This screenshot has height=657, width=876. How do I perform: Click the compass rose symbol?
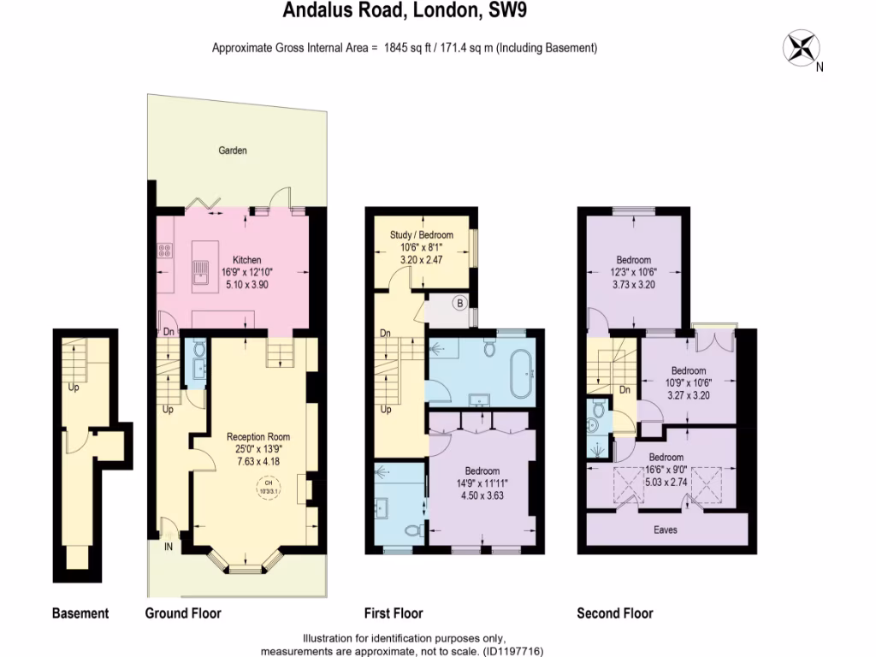(x=802, y=47)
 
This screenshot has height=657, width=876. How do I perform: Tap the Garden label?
(x=232, y=151)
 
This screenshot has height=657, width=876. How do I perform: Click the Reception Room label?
(x=258, y=436)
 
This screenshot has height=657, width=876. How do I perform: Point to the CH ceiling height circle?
(x=268, y=489)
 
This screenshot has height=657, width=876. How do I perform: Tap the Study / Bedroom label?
(x=422, y=234)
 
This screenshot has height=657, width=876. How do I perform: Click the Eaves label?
(x=665, y=530)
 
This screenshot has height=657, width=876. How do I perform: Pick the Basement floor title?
(x=80, y=613)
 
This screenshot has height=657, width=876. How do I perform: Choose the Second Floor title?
(x=615, y=613)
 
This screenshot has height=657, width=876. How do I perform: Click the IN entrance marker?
(x=169, y=547)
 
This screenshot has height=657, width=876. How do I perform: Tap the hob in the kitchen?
(x=165, y=252)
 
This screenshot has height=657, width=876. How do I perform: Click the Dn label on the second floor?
(x=624, y=389)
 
